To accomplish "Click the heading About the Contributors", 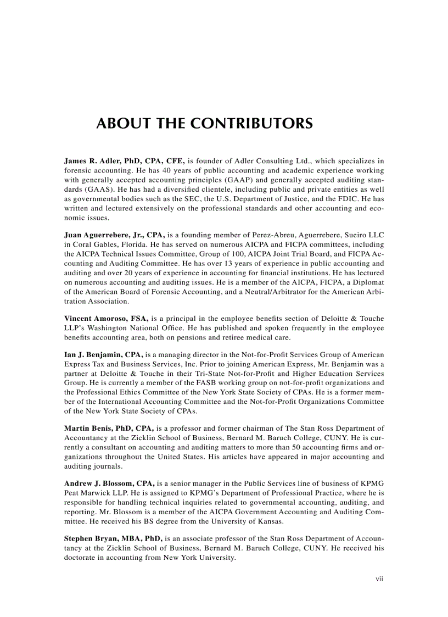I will (204, 123).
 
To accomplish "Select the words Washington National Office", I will (124, 327).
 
